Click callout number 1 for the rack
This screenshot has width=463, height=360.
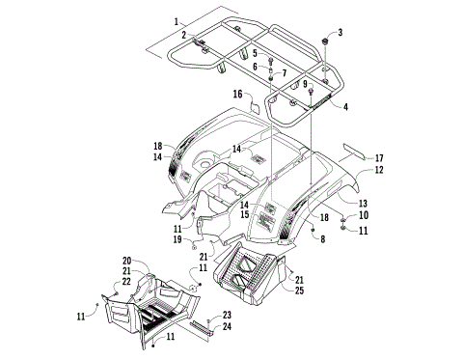[177, 21]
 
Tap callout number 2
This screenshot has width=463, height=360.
[183, 36]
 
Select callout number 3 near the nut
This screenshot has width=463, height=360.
[340, 33]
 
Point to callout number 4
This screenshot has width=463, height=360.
[345, 105]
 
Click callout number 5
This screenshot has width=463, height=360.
[255, 53]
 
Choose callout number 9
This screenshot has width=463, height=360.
[305, 85]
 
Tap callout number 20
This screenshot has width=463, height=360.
[126, 261]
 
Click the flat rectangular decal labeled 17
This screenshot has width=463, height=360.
[351, 151]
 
